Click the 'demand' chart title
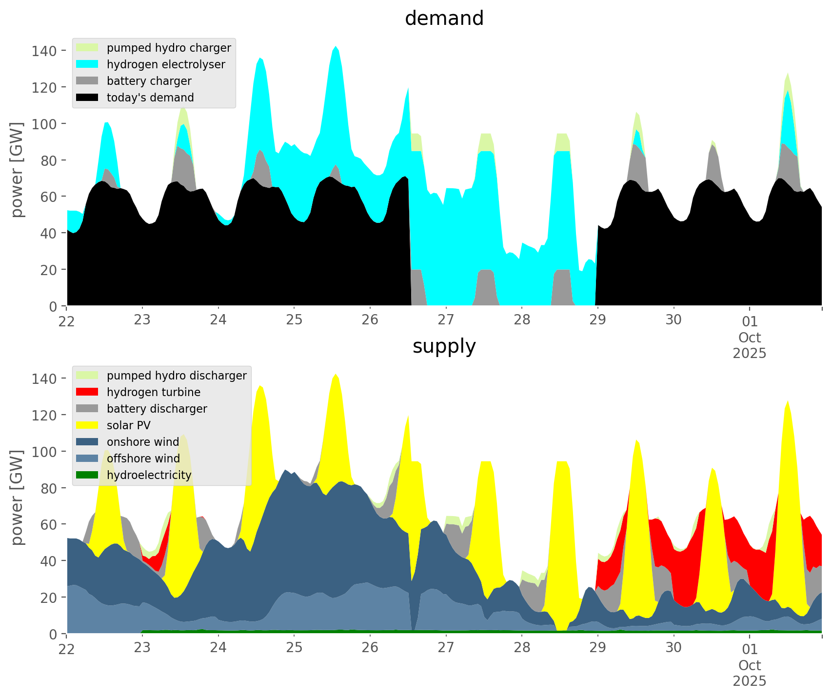pos(444,19)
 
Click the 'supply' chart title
pos(444,346)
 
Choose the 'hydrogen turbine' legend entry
pos(153,392)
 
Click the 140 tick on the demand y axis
pos(44,51)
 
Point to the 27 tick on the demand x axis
pos(446,320)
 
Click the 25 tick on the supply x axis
pos(294,648)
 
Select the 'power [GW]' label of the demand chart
pos(17,170)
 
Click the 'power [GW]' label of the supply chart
pos(17,498)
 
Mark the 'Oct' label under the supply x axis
pos(750,665)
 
